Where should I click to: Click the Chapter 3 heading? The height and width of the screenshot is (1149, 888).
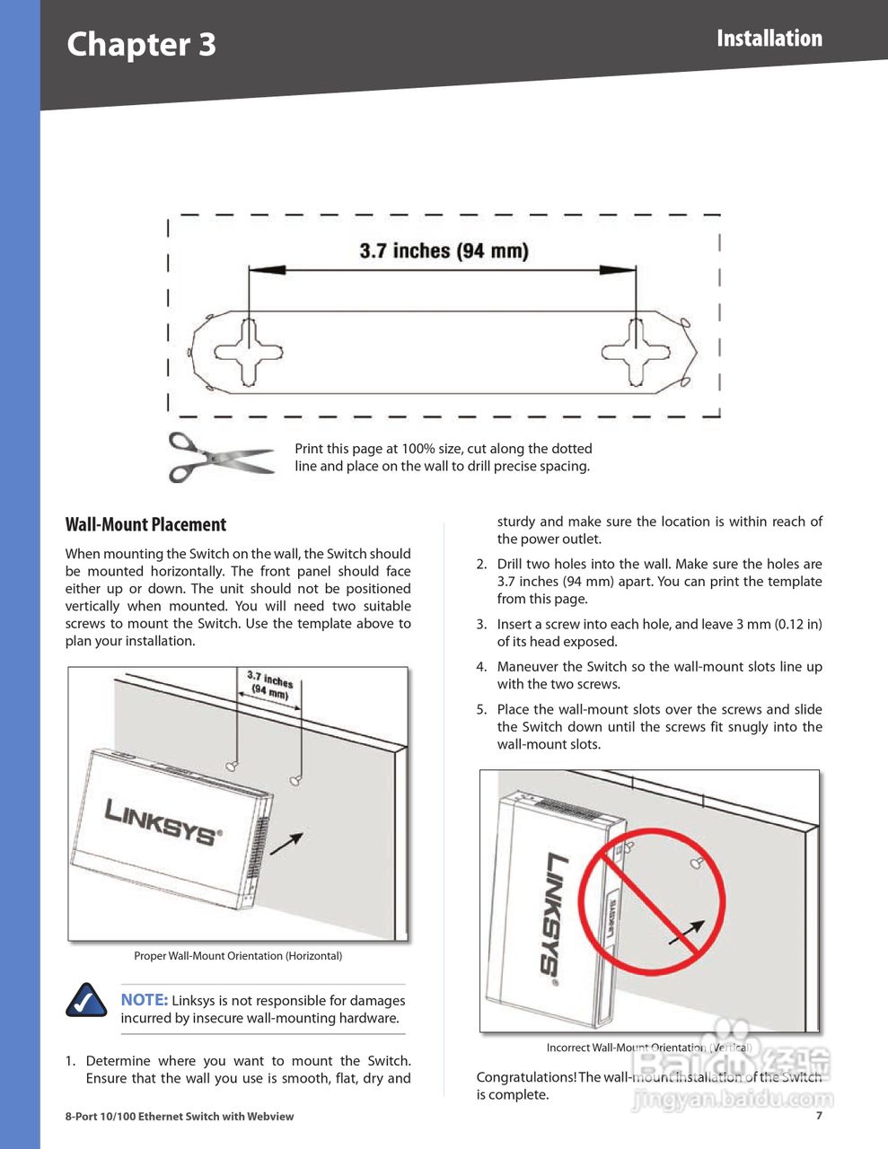point(141,44)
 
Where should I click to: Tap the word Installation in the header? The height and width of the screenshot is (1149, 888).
point(769,39)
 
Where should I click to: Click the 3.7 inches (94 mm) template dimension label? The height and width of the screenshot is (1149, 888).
point(444,250)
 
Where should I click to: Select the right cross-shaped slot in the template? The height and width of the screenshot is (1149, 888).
point(635,352)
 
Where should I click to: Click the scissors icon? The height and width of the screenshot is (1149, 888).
point(219,456)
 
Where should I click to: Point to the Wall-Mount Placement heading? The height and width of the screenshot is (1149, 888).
point(145,524)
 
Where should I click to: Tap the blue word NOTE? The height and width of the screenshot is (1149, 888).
point(144,1000)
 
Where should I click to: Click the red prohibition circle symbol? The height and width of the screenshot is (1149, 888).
point(651,900)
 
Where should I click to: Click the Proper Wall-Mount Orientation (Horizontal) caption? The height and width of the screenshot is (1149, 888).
point(238,956)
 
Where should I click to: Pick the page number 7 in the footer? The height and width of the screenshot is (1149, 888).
point(819,1116)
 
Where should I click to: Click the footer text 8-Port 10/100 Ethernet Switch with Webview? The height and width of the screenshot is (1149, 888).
point(180,1117)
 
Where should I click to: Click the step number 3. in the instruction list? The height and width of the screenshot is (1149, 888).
point(481,624)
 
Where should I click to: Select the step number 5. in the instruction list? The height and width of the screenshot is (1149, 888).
point(481,709)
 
